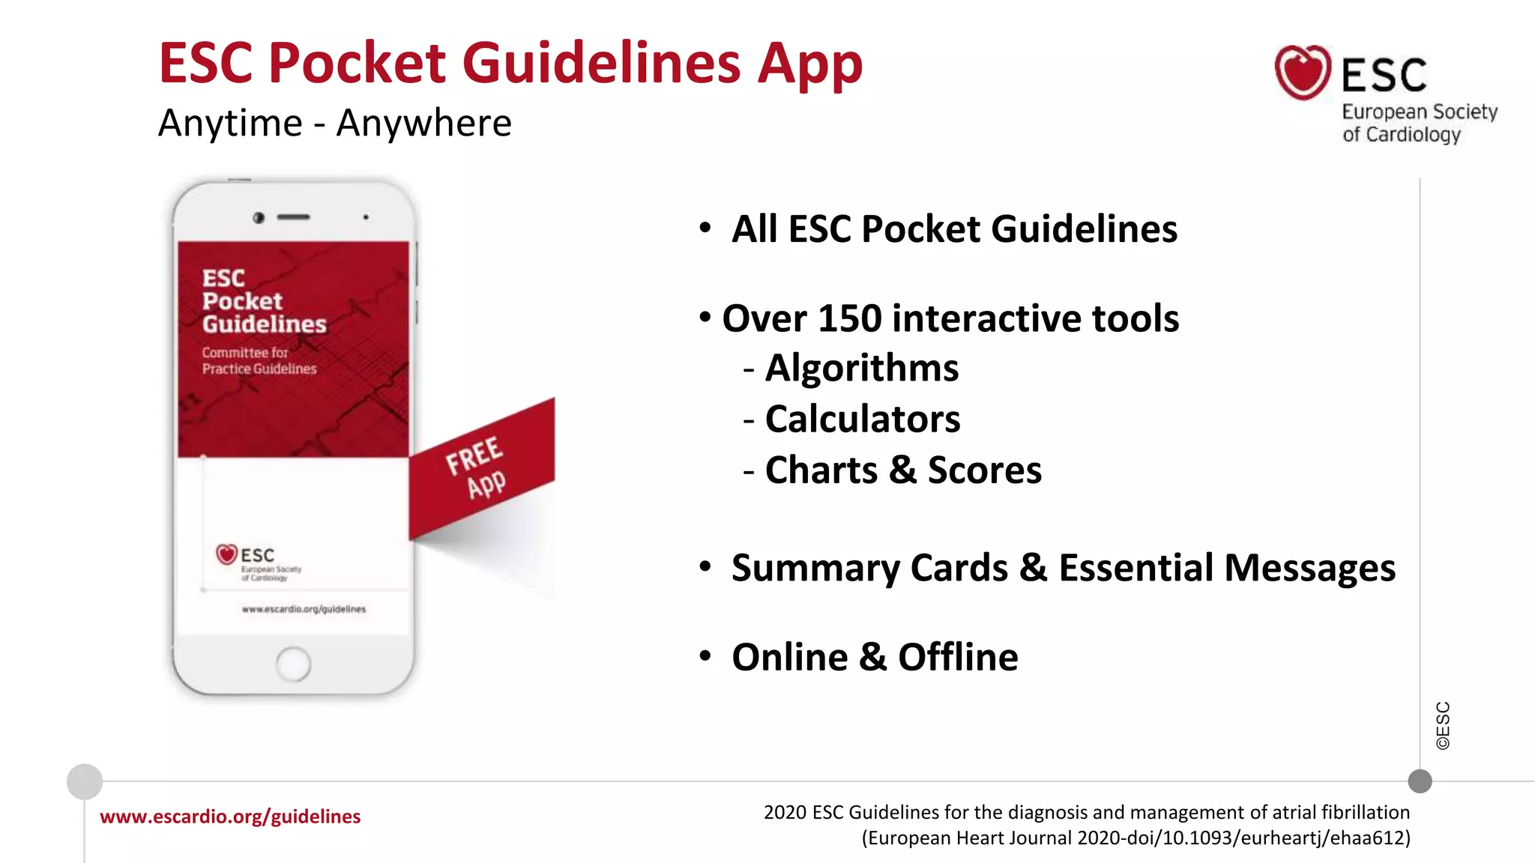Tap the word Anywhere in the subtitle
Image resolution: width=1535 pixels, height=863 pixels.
pos(423,123)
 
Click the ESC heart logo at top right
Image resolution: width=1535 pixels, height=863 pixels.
pos(1303,73)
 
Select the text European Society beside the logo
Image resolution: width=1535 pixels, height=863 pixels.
pos(1419,112)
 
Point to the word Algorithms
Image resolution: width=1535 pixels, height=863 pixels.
pos(861,368)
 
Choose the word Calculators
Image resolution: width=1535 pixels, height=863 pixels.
pos(862,419)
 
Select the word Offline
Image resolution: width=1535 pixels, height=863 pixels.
pos(958,657)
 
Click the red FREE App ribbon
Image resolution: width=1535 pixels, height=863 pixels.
pos(480,468)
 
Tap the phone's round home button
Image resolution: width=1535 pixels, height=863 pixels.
pos(293,664)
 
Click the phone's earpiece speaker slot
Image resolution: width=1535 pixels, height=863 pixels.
pos(293,217)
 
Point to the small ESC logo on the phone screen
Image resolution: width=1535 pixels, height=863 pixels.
pos(227,554)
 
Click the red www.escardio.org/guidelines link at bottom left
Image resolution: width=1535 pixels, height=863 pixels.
pos(230,817)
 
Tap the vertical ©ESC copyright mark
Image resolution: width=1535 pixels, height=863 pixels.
pos(1443,725)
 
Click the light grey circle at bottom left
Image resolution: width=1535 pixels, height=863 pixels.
pos(85,781)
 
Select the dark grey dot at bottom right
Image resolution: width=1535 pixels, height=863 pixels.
pos(1420,781)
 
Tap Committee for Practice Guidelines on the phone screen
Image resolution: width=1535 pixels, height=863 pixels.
pos(259,360)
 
